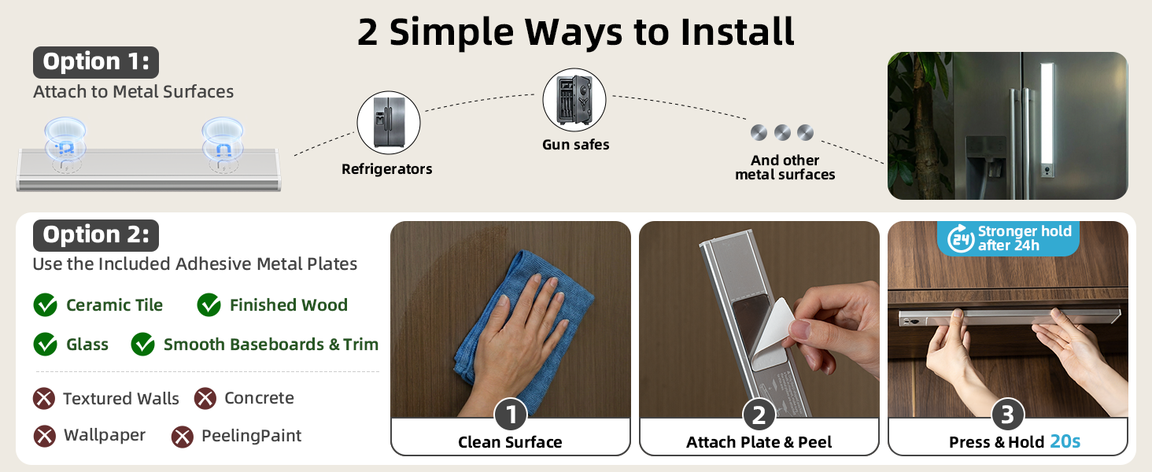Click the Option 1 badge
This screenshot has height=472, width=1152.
pyautogui.click(x=96, y=62)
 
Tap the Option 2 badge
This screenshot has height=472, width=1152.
pyautogui.click(x=96, y=235)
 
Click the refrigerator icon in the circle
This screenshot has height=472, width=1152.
pyautogui.click(x=389, y=123)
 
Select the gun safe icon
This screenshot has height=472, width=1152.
pyautogui.click(x=574, y=100)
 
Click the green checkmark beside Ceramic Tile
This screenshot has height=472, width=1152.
pyautogui.click(x=46, y=305)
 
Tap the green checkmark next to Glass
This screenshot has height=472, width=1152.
pyautogui.click(x=46, y=344)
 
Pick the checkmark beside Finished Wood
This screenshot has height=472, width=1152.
pyautogui.click(x=209, y=305)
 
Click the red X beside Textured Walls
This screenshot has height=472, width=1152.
pyautogui.click(x=44, y=399)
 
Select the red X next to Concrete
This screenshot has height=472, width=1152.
pyautogui.click(x=205, y=399)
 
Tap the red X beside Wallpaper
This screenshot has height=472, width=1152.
pyautogui.click(x=45, y=436)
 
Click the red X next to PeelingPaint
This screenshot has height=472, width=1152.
pyautogui.click(x=183, y=437)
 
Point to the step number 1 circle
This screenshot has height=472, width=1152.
pyautogui.click(x=510, y=415)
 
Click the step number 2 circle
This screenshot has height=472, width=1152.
pyautogui.click(x=759, y=415)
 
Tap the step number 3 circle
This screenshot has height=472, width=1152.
pyautogui.click(x=1007, y=415)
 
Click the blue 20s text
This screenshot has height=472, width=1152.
pyautogui.click(x=1065, y=441)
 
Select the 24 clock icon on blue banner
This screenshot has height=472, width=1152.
pyautogui.click(x=961, y=238)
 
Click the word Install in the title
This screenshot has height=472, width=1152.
pyautogui.click(x=737, y=32)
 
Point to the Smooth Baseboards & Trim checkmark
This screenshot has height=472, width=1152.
pyautogui.click(x=143, y=344)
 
